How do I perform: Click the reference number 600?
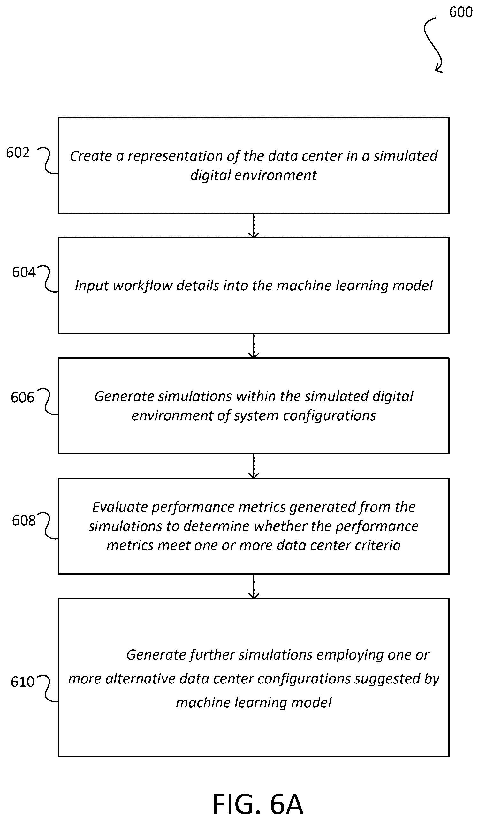point(460,12)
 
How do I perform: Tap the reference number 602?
point(18,153)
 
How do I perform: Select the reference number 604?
point(24,272)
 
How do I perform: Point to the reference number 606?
point(22,398)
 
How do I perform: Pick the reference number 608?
point(24,520)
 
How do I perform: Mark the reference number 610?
point(22,682)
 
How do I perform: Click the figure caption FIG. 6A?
point(258,804)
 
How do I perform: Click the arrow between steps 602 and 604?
point(254,226)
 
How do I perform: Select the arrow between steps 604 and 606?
point(254,346)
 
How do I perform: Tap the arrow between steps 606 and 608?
point(254,466)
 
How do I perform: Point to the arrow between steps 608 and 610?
point(254,586)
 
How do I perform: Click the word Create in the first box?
point(91,156)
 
